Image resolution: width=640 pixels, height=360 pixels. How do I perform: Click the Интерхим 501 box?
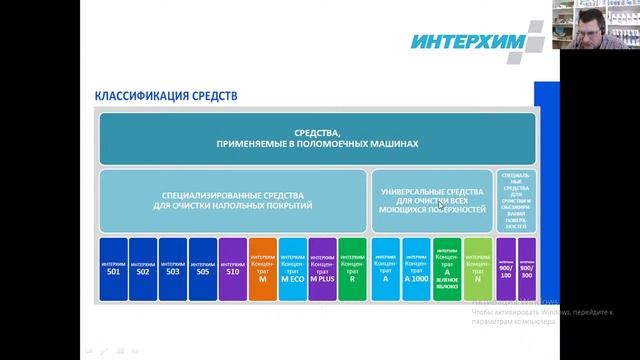click(113, 268)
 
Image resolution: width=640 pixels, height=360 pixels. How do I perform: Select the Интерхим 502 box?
click(143, 268)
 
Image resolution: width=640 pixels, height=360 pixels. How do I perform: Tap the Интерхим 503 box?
click(173, 268)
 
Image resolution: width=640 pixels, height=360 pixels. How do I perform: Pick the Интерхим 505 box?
click(203, 268)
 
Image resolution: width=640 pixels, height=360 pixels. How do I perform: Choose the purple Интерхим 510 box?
click(233, 268)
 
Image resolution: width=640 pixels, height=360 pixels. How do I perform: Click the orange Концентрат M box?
click(262, 268)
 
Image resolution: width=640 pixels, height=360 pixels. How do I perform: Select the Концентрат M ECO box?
click(292, 268)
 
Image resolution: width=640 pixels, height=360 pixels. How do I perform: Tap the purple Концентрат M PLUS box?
click(322, 268)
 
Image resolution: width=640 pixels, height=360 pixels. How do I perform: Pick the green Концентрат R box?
click(352, 268)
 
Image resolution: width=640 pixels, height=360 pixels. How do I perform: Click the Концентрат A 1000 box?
click(416, 268)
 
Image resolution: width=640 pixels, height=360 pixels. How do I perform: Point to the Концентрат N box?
click(478, 268)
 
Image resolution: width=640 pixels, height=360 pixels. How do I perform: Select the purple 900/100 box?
click(506, 268)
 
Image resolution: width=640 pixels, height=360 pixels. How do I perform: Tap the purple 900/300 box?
click(525, 268)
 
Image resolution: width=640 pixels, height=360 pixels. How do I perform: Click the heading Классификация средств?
click(166, 97)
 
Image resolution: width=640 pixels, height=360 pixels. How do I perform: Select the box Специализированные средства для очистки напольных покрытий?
click(236, 199)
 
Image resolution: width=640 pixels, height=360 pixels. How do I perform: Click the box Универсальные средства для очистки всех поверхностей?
click(432, 199)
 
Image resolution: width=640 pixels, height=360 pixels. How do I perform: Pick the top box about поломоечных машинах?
click(316, 138)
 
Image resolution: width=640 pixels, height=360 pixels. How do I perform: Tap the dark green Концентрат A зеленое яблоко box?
click(447, 268)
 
